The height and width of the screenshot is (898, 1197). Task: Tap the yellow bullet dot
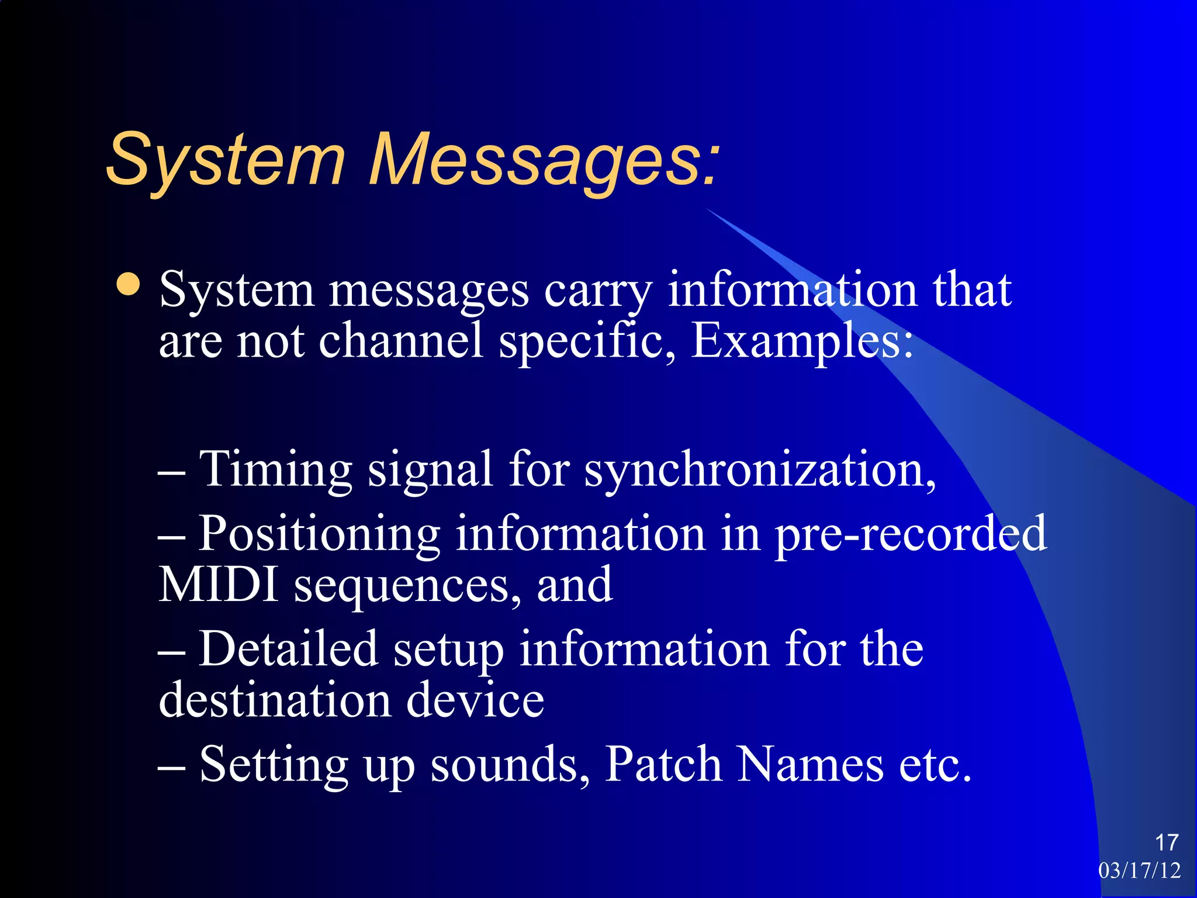pyautogui.click(x=128, y=285)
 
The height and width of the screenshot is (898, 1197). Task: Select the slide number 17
pyautogui.click(x=1166, y=842)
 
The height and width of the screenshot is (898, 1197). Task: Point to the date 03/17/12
pyautogui.click(x=1139, y=871)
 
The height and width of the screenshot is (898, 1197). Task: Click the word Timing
pyautogui.click(x=275, y=469)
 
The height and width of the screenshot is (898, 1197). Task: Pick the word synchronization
pyautogui.click(x=760, y=470)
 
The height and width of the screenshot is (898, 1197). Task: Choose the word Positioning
pyautogui.click(x=319, y=533)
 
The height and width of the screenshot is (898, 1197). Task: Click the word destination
pyautogui.click(x=275, y=700)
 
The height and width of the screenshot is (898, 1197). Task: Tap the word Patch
pyautogui.click(x=663, y=764)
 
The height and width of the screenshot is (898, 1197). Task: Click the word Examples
pyautogui.click(x=801, y=341)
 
